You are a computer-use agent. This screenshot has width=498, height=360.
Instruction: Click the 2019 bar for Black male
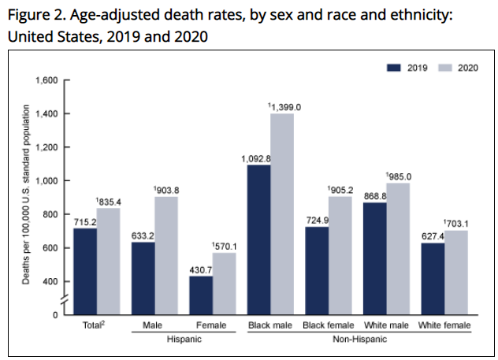(260, 239)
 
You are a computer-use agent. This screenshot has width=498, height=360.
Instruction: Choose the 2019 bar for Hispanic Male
(143, 278)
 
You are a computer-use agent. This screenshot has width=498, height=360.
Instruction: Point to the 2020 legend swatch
(443, 68)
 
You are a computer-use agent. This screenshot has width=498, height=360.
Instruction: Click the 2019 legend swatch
(395, 68)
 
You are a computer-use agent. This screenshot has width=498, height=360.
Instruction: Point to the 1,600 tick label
(47, 80)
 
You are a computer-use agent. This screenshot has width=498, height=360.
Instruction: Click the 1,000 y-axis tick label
(47, 180)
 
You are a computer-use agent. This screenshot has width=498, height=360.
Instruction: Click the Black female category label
(329, 325)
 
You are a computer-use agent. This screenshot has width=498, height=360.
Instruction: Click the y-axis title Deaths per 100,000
(25, 196)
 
